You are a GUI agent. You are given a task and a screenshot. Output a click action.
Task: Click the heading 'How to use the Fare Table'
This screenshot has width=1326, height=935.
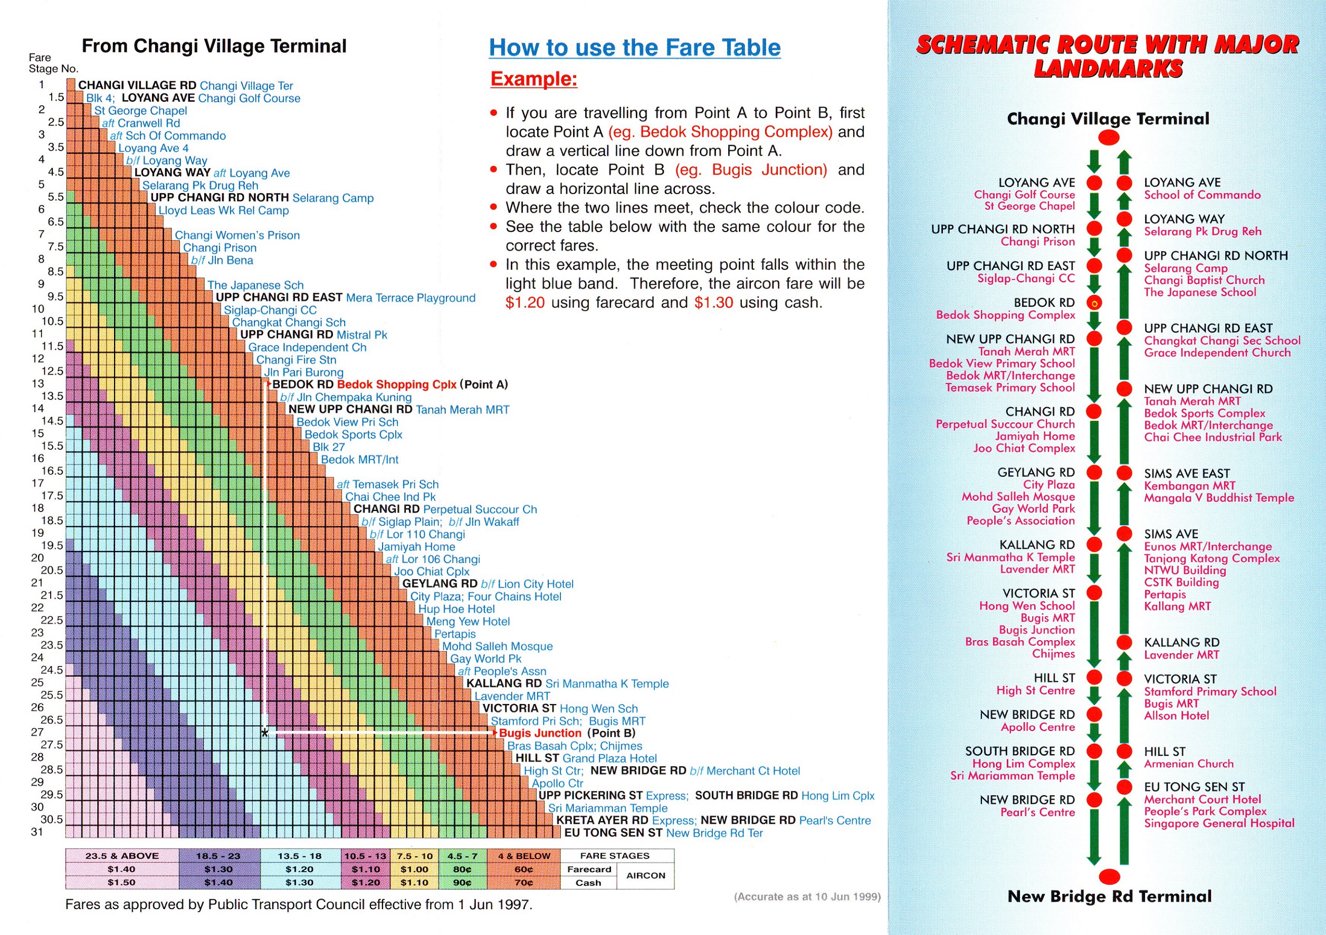point(634,47)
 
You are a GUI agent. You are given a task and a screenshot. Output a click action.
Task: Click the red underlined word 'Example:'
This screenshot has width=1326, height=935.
point(533,79)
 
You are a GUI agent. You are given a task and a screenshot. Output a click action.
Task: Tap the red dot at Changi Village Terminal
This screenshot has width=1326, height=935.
point(1108,137)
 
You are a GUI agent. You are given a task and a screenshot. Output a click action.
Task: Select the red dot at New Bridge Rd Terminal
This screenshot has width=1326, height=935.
point(1108,876)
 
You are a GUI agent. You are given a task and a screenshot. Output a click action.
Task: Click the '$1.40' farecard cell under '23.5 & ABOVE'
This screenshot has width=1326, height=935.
point(121,869)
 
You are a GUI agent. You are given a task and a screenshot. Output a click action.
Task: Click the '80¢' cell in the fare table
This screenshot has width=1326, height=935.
point(462,869)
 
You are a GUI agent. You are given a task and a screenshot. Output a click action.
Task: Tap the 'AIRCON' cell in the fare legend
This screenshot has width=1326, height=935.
point(645,875)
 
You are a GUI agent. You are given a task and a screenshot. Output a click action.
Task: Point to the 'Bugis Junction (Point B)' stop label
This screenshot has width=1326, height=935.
point(567,733)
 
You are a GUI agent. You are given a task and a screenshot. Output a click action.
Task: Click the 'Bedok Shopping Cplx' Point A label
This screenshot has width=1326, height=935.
point(396,384)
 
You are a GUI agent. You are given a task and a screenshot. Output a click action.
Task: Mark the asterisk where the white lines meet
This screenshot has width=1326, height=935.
point(264,734)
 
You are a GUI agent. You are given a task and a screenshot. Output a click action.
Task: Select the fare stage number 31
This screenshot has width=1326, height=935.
point(37,832)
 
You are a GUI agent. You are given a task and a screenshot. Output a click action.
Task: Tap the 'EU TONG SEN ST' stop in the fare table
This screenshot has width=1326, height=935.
point(613,833)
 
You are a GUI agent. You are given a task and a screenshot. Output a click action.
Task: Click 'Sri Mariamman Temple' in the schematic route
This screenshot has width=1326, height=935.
point(1013,776)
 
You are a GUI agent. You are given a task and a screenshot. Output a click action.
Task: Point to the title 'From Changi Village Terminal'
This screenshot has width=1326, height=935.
point(214,46)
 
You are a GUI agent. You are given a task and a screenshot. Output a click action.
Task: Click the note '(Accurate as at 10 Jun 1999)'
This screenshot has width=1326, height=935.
point(807,897)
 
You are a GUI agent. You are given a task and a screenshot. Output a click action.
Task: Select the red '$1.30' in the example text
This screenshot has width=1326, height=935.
point(713,302)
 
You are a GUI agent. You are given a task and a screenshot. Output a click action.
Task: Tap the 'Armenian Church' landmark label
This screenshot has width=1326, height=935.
point(1189,764)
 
